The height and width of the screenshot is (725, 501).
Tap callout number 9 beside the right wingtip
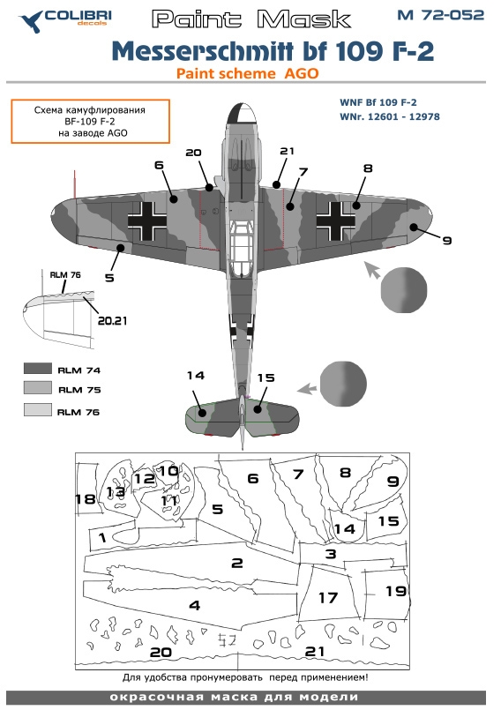click(x=446, y=239)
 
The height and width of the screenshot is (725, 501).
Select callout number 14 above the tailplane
click(x=195, y=377)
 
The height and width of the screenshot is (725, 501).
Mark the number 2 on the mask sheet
click(x=236, y=563)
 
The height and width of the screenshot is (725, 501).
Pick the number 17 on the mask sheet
click(x=327, y=598)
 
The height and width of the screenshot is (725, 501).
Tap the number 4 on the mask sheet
click(x=194, y=605)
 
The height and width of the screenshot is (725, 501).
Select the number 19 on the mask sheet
click(x=396, y=591)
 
